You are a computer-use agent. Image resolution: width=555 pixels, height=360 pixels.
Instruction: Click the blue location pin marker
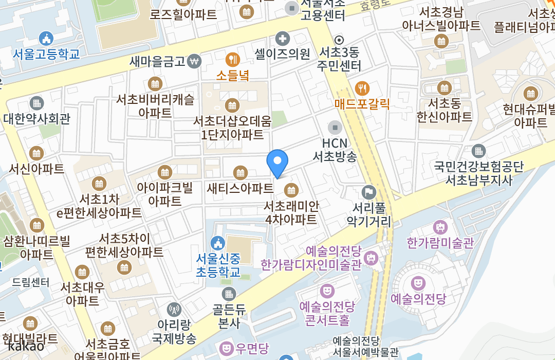[x=277, y=163]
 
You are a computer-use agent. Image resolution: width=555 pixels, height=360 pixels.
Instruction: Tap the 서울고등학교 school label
[x=46, y=53]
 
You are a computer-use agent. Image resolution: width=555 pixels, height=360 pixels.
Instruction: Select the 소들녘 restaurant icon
[x=232, y=59]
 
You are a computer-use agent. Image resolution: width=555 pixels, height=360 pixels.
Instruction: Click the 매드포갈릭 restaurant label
[x=362, y=104]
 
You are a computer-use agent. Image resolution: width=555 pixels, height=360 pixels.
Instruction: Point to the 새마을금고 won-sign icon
[x=194, y=61]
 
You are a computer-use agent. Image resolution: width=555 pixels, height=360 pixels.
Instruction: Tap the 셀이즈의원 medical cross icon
[x=282, y=38]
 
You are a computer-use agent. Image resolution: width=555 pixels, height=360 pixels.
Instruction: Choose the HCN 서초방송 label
[x=335, y=150]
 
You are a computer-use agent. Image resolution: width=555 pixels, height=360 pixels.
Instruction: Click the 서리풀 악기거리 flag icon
[x=369, y=192]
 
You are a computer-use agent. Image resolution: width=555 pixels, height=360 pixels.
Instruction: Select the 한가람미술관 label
[x=440, y=243]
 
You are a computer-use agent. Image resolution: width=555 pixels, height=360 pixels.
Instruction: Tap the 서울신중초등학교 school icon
[x=218, y=242]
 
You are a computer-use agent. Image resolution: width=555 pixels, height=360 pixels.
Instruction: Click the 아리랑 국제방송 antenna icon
[x=174, y=310]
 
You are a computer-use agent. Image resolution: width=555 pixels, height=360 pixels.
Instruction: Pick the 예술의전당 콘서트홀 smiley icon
[x=327, y=291]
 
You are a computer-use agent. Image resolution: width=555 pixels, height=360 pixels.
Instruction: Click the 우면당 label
[x=252, y=349]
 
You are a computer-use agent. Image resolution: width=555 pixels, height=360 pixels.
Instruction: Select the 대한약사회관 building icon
[x=36, y=103]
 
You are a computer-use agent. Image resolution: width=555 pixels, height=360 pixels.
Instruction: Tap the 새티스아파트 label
[x=240, y=188]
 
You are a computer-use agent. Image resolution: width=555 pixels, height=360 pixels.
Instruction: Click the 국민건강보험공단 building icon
[x=478, y=151]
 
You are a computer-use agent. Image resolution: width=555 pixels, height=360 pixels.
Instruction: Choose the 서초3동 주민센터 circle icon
[x=339, y=40]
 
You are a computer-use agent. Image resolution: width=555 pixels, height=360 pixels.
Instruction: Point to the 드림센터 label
[x=31, y=282]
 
